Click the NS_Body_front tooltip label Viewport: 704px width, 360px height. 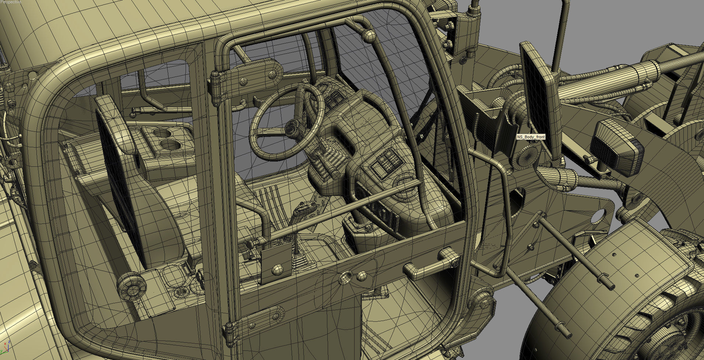coord(531,137)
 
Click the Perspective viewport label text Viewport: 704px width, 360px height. coord(11,2)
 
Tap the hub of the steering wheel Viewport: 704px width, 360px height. coord(293,128)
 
